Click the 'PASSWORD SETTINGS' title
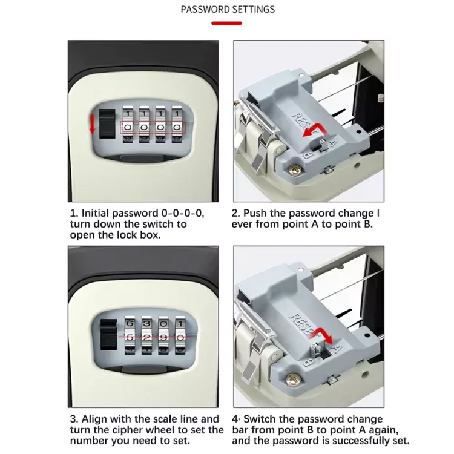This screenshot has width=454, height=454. point(227,10)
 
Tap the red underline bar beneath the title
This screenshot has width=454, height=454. point(226,24)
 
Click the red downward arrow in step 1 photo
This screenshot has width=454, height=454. point(92,124)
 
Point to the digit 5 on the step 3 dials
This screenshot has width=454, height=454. point(129,334)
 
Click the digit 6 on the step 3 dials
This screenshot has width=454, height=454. point(129,323)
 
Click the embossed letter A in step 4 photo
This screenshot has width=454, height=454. point(336,348)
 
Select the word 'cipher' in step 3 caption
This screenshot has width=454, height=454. point(143,430)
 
